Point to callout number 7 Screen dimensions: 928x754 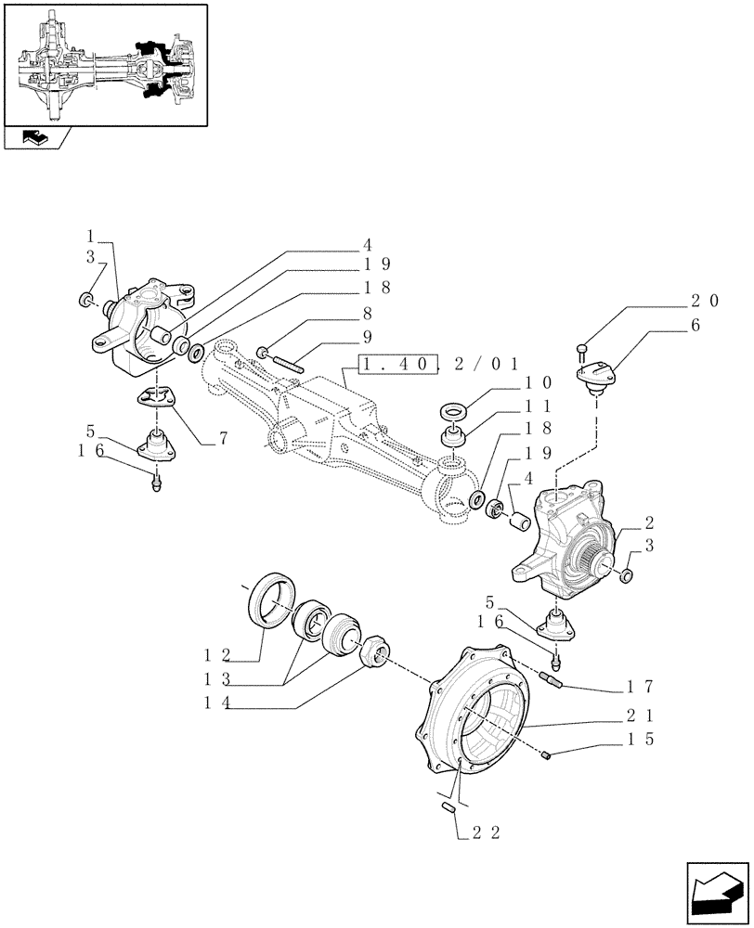(224, 439)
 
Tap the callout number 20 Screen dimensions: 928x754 (704, 300)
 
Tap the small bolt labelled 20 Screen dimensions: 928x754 (582, 350)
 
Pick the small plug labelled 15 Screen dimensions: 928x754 (549, 755)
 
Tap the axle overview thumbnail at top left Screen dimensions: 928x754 (104, 64)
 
